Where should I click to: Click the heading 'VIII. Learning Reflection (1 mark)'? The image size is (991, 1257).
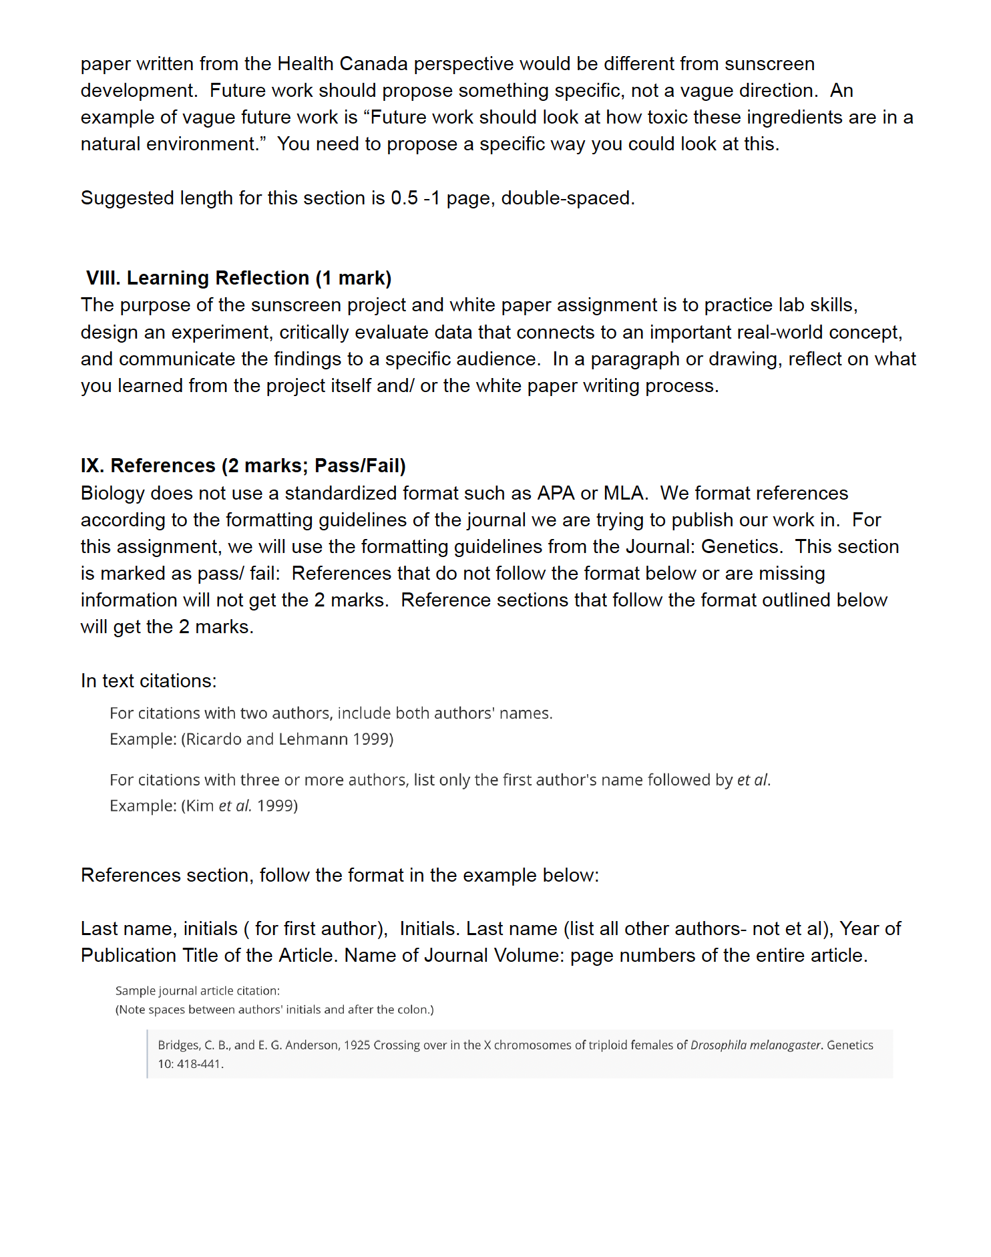[238, 278]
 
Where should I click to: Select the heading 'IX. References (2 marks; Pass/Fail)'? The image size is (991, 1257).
[243, 466]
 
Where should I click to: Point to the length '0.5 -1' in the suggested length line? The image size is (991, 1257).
[415, 198]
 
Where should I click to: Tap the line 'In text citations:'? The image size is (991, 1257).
[149, 681]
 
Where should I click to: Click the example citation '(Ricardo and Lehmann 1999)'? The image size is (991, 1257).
[287, 739]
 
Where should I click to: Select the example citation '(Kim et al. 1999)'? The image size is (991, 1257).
[239, 806]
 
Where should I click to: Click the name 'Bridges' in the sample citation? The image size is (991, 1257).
[178, 1045]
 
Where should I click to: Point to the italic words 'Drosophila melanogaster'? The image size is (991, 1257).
[755, 1045]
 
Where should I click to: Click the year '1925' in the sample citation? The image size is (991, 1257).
[357, 1045]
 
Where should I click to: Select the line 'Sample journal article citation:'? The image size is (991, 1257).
[198, 991]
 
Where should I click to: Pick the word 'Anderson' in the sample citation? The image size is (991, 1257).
[312, 1045]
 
